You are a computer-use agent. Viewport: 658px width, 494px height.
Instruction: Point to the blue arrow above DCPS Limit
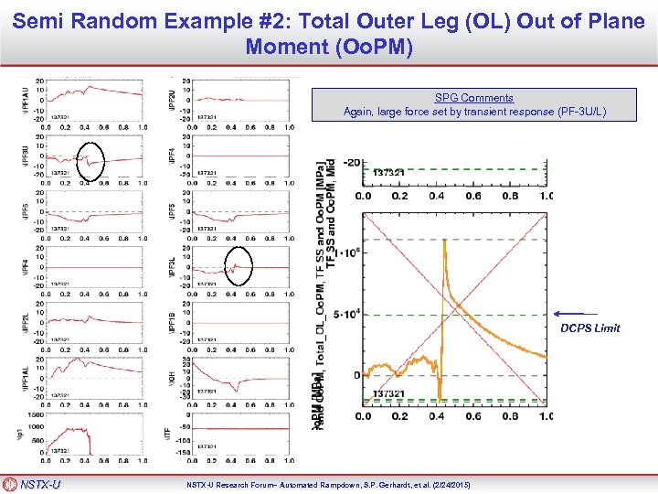tap(575, 315)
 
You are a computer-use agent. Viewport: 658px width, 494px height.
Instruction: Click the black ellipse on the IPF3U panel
tap(90, 159)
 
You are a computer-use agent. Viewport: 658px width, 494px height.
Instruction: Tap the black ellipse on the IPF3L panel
tap(238, 267)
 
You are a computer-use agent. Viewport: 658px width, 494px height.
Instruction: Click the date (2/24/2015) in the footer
tap(451, 484)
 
